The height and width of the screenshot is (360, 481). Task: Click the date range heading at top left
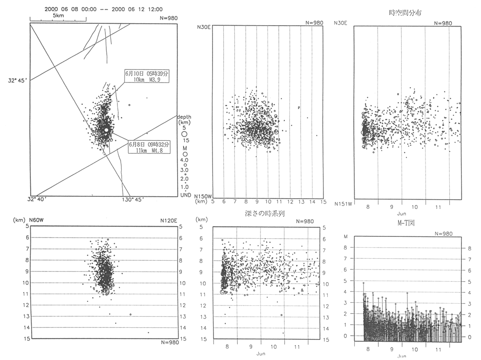click(x=104, y=9)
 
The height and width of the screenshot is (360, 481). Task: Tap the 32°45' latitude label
click(x=18, y=80)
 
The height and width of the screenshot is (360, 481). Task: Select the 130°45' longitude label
click(x=133, y=200)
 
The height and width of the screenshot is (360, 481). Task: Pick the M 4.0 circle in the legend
click(x=185, y=154)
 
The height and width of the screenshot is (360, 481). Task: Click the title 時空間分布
click(x=405, y=13)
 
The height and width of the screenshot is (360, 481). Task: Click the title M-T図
click(x=404, y=223)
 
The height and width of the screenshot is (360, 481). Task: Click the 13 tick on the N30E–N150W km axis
click(x=301, y=202)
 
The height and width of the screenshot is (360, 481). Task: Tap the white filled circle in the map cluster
click(x=106, y=129)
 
